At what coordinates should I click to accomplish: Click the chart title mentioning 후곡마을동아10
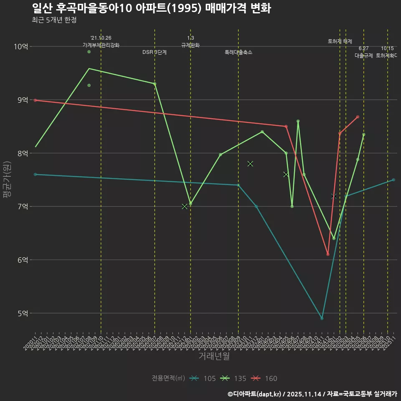pyautogui.click(x=151, y=8)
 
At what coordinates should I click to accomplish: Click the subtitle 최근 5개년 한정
pyautogui.click(x=54, y=20)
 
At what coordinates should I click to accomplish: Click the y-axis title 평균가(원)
pyautogui.click(x=7, y=180)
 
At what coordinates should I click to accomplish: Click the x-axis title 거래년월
pyautogui.click(x=214, y=356)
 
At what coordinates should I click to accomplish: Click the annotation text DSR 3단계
pyautogui.click(x=155, y=53)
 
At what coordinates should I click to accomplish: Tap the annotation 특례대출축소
pyautogui.click(x=239, y=53)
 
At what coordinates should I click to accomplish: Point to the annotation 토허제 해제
pyautogui.click(x=340, y=41)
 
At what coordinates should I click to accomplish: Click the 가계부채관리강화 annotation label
pyautogui.click(x=101, y=45)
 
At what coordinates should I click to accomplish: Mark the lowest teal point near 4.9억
pyautogui.click(x=322, y=318)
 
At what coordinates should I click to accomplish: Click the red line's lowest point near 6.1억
pyautogui.click(x=328, y=254)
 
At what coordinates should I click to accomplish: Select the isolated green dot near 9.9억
pyautogui.click(x=89, y=52)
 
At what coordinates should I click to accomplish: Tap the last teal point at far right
pyautogui.click(x=393, y=180)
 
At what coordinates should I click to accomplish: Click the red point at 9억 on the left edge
pyautogui.click(x=36, y=100)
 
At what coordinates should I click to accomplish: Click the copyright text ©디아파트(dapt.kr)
pyautogui.click(x=256, y=394)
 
